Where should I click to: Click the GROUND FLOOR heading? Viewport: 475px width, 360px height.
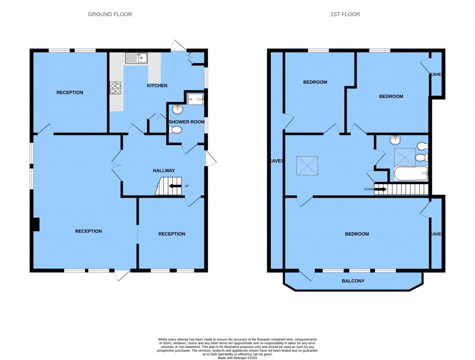pos(110,14)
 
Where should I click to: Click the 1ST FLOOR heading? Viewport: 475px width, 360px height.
pos(345,14)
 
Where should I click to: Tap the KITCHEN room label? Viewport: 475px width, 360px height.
pos(157,86)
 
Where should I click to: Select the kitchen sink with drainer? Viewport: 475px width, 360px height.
pos(136,58)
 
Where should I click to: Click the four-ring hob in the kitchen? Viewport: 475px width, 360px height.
pos(116,88)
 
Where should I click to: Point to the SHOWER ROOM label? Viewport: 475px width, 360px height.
pos(186,122)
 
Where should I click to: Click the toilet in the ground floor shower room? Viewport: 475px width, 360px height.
pos(176,130)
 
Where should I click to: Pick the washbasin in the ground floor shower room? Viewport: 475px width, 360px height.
pos(178,109)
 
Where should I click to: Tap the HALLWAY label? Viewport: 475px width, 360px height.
pos(164,171)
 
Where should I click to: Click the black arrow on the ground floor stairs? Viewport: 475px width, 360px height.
pos(175,186)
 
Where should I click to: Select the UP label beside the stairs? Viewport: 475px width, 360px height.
pos(186,186)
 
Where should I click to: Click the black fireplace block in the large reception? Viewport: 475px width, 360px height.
pos(36,225)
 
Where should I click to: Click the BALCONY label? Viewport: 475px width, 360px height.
pos(353,281)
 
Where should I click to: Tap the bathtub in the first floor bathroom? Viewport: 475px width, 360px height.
pos(411,174)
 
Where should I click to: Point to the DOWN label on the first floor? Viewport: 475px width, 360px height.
pos(369,189)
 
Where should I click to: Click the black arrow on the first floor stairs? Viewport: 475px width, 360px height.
pos(380,189)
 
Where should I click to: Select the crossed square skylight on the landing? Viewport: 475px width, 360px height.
pos(307,166)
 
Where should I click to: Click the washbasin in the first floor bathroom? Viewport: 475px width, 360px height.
pos(395,140)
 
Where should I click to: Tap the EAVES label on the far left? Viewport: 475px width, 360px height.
pos(276,161)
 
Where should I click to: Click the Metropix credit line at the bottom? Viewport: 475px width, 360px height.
pos(237,358)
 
